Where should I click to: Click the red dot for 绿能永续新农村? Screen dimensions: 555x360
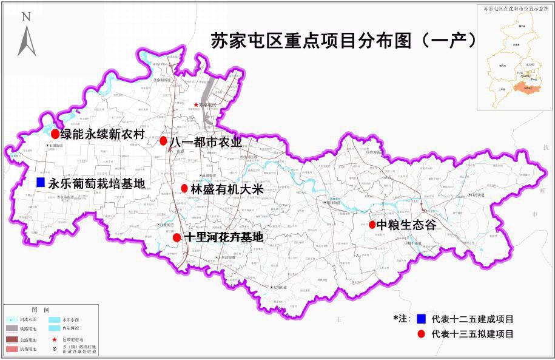coord(55,134)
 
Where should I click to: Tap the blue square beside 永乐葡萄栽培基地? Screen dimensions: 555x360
coord(41,182)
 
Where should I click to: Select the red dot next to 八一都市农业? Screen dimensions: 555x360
coord(163,141)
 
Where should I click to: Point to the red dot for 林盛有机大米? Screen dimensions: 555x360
coord(184,188)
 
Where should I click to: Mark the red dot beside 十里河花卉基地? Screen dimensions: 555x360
coord(177,237)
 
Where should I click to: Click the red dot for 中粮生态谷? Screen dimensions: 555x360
coord(372,225)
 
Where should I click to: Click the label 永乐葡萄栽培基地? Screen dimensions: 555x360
coord(97,183)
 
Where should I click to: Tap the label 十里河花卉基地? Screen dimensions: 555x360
coord(224,237)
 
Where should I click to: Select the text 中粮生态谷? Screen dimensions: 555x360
coord(406,225)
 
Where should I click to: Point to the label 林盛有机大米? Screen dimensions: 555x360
coord(223,189)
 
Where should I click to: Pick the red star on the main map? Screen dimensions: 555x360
coord(196,104)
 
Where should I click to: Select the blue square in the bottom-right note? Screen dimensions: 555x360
coord(420,319)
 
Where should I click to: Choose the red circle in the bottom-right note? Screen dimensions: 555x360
coord(420,334)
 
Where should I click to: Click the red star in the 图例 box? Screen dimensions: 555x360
coord(55,340)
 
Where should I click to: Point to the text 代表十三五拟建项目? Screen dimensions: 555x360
coord(473,334)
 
